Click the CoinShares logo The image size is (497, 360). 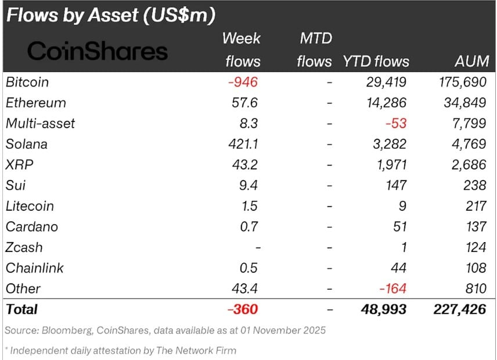point(98,52)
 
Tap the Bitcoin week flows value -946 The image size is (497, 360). point(243,82)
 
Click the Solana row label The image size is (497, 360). point(27,144)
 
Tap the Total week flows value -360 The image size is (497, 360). point(243,309)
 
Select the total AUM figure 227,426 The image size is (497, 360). point(460,309)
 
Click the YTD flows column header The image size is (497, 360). point(376,61)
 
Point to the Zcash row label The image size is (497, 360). point(24,247)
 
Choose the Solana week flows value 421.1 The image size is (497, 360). point(243,144)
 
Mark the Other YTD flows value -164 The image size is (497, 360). point(394,289)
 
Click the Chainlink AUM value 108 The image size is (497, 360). point(476,268)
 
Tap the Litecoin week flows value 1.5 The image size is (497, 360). point(249,206)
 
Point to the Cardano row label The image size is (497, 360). point(31,227)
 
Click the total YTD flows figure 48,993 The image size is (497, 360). point(384,309)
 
